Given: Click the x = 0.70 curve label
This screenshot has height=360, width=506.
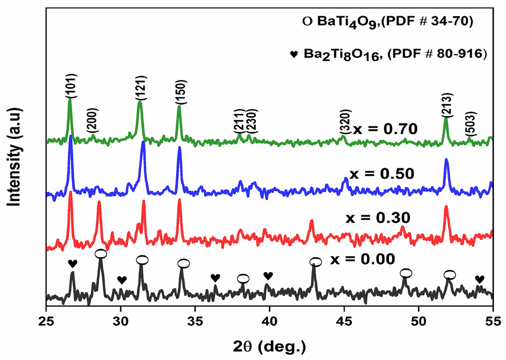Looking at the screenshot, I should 385,129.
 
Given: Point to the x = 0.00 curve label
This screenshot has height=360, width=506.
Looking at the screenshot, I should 361,259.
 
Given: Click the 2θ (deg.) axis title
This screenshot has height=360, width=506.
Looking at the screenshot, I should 269,346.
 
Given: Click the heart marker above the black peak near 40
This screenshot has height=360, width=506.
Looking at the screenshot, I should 268,275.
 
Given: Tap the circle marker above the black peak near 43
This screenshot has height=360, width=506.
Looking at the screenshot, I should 315,262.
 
